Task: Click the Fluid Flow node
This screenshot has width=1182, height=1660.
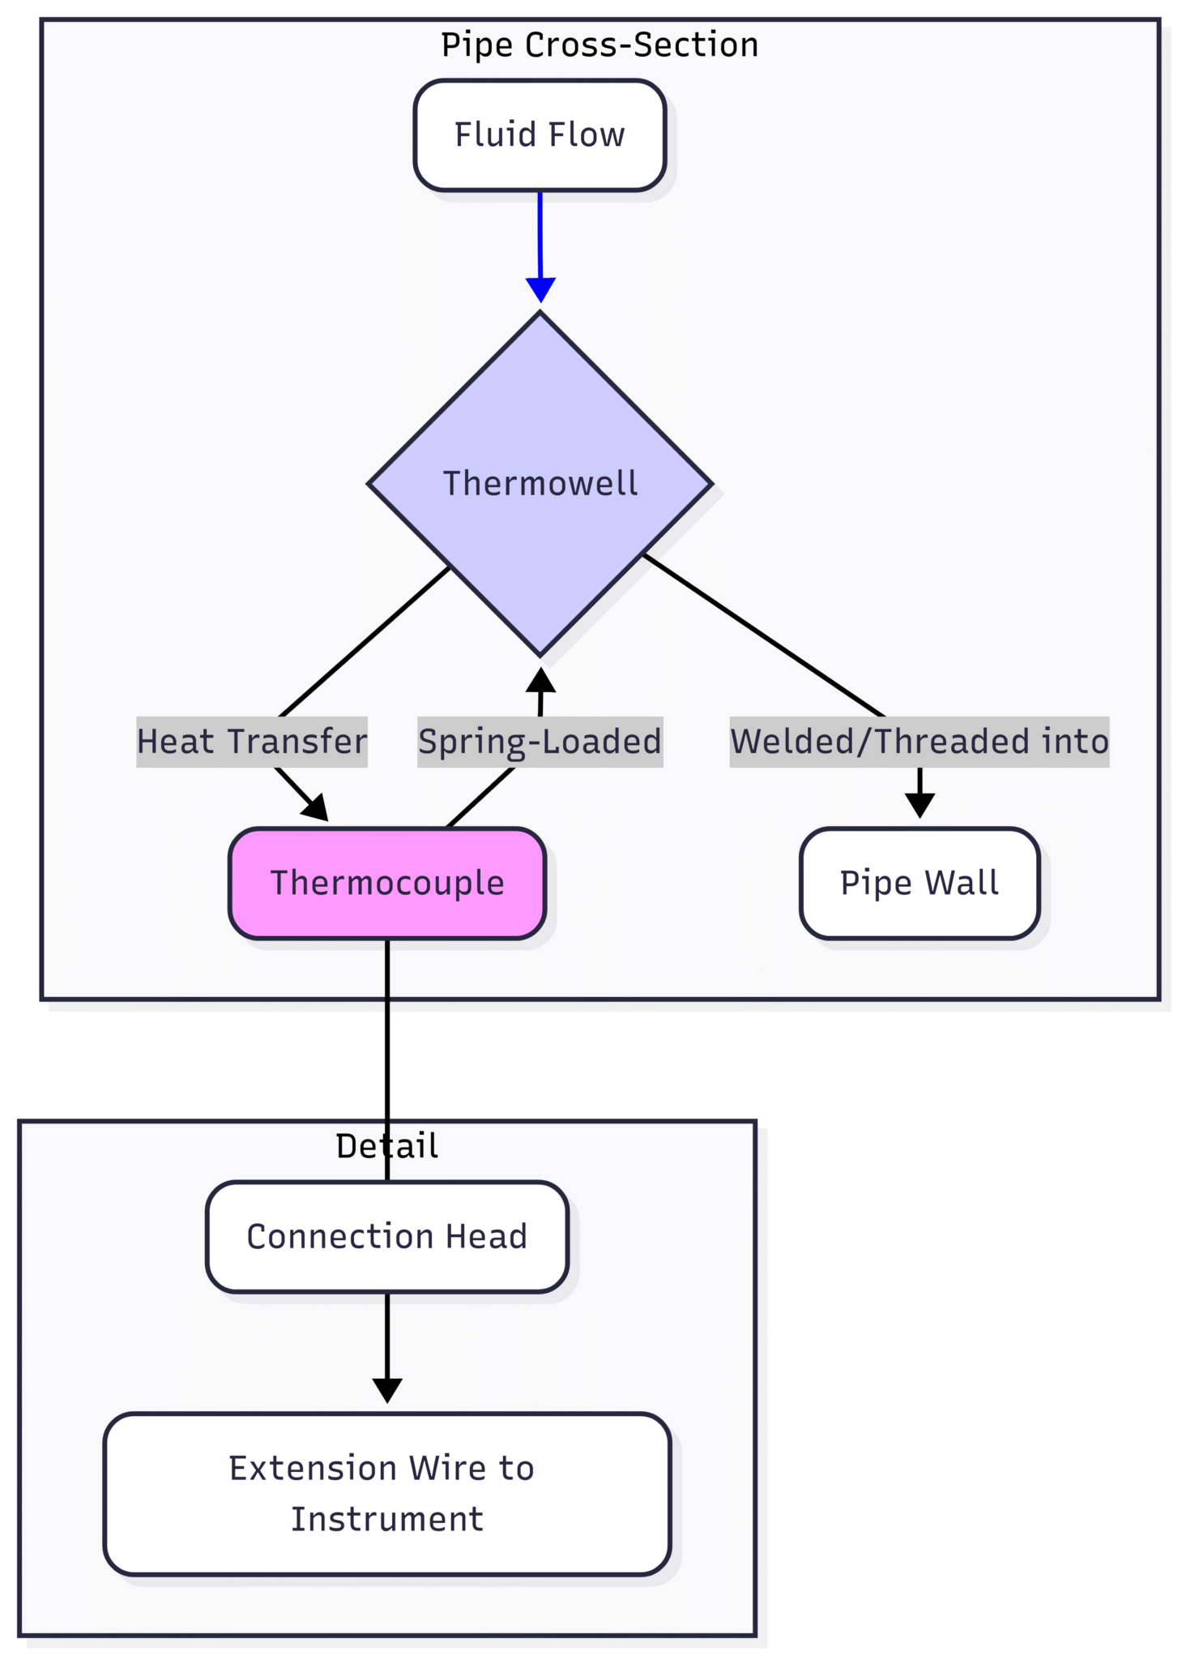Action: [x=540, y=135]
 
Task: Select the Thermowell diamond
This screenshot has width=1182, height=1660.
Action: [x=540, y=484]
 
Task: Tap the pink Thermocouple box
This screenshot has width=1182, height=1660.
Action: [x=387, y=883]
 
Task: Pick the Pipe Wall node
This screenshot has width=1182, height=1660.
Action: [x=919, y=883]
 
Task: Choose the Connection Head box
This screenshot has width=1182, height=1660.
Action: [x=387, y=1236]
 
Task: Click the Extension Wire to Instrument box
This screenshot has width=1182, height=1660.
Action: [x=387, y=1493]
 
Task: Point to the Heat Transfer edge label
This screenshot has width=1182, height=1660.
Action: [x=252, y=742]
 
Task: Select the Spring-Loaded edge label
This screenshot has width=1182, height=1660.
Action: [x=540, y=742]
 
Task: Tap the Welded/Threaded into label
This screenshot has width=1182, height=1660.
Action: [x=919, y=742]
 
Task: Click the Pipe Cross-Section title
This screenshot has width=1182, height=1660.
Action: [x=600, y=45]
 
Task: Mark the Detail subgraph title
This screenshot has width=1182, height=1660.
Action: [x=387, y=1146]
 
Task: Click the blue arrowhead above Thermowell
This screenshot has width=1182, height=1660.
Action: [x=540, y=289]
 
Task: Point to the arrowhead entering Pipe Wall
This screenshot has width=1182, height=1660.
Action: [x=920, y=805]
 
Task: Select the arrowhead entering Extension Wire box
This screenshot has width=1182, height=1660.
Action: [x=387, y=1389]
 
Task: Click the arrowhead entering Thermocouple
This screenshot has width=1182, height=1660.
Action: [x=316, y=808]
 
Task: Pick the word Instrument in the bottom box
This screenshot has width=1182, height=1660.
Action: [x=387, y=1519]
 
